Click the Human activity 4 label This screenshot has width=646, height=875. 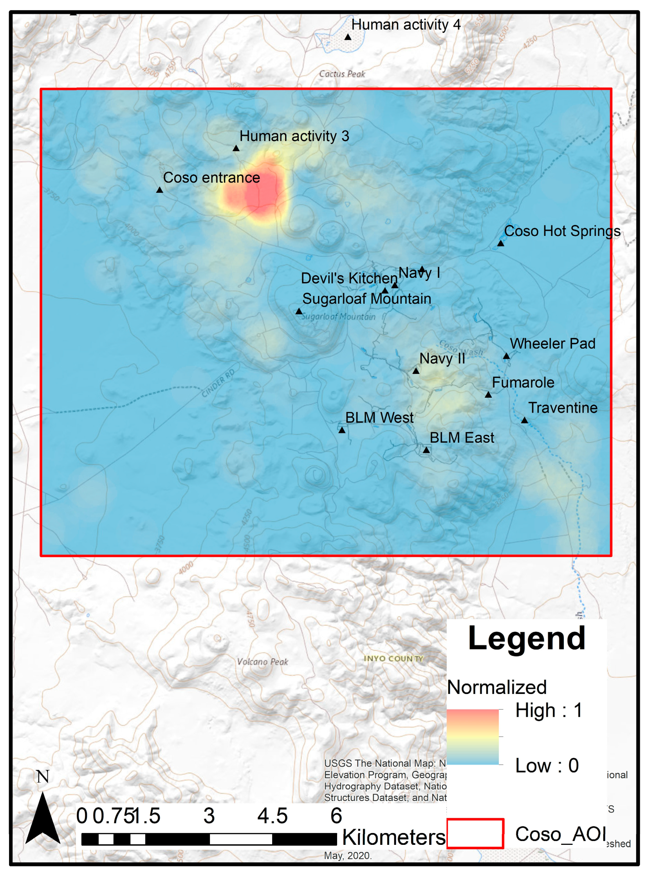pos(406,25)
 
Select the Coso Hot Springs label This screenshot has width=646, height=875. pos(562,231)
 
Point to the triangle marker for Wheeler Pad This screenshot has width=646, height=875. pos(506,356)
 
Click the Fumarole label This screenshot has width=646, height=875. pos(523,382)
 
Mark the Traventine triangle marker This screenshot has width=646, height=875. pos(524,420)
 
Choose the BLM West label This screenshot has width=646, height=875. pos(379,418)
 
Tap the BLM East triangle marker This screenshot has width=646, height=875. pos(426,450)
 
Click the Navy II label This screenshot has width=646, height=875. pos(442,359)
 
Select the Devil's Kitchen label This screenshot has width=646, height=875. pos(349,278)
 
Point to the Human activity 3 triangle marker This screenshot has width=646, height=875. pos(236,149)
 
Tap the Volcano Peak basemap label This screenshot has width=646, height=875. pos(262,662)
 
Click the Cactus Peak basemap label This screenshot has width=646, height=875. pos(342,74)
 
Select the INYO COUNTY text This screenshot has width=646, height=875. pos(393,659)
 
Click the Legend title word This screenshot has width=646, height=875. pos(527,639)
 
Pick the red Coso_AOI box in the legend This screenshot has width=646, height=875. pos(475,833)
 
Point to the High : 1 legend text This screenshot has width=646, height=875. pos(549,710)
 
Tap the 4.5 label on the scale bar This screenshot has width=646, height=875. pos(272,816)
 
